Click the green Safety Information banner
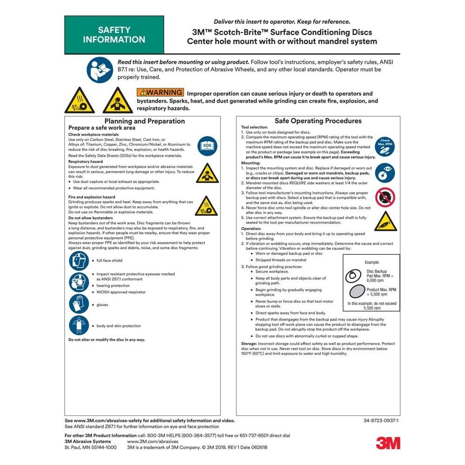coord(114,35)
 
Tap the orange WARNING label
coord(160,93)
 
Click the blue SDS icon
coord(207,146)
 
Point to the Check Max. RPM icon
coord(385,145)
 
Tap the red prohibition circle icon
coord(385,197)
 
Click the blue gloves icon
coord(79,304)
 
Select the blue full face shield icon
coord(79,260)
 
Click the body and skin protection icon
coord(79,325)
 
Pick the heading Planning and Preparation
coord(145,121)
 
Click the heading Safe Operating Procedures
coord(318,121)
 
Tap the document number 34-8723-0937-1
coord(381,420)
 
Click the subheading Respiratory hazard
coord(86,161)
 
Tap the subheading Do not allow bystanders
coord(90,218)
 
